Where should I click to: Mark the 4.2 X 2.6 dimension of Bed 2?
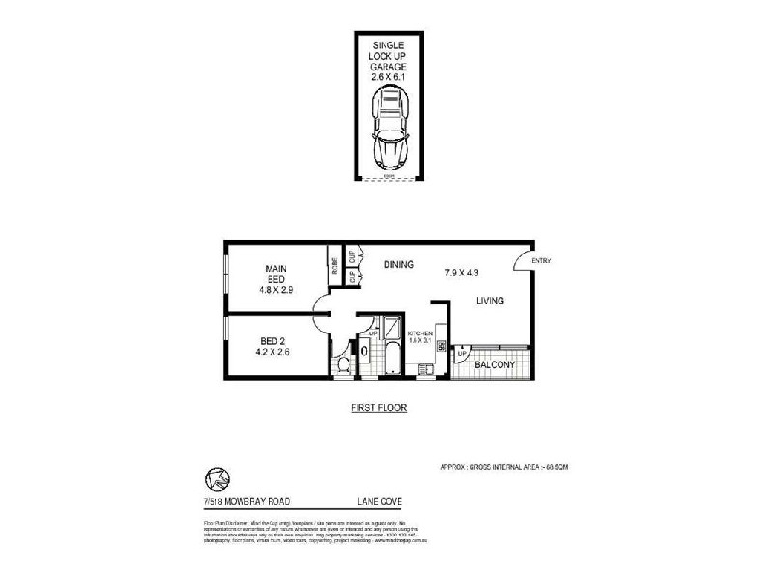coord(274,352)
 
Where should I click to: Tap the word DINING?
coord(399,263)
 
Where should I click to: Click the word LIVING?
coord(490,302)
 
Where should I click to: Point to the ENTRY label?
coord(541,259)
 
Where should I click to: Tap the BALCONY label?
coord(500,364)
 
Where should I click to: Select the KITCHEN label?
coord(420,333)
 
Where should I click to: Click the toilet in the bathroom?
coord(343,364)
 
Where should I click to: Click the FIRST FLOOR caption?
coord(379,408)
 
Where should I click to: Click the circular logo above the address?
coord(217,478)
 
